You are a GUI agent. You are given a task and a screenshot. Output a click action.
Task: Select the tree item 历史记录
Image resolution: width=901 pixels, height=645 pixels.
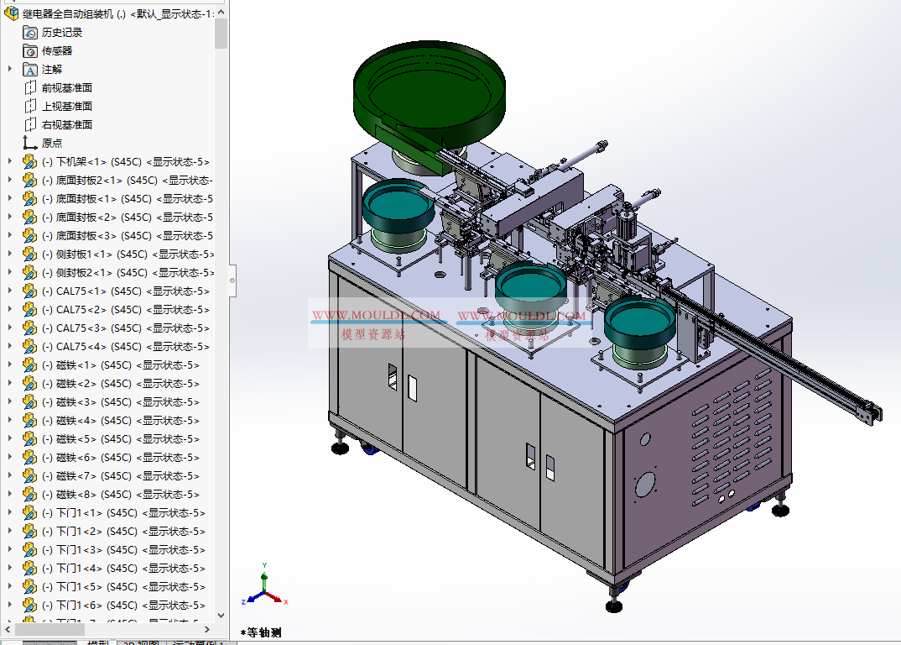click(62, 32)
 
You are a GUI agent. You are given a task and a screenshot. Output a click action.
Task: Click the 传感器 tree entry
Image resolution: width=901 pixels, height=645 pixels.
click(57, 50)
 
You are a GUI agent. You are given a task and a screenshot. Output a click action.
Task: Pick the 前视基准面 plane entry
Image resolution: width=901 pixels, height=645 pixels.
click(66, 87)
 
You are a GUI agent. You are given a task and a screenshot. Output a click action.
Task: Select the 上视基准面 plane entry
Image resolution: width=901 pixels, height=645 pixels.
click(66, 106)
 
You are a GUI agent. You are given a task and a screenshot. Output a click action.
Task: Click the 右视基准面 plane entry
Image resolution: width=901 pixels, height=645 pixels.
click(66, 124)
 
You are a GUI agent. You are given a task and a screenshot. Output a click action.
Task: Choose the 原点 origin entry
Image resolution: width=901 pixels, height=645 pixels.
click(52, 143)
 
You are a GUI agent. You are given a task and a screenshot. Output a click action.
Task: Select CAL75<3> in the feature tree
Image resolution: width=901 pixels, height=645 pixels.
click(81, 328)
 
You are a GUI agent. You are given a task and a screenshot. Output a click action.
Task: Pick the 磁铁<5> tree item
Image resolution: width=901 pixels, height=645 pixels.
click(76, 438)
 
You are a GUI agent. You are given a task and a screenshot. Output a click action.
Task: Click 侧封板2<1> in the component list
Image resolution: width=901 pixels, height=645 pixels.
click(83, 272)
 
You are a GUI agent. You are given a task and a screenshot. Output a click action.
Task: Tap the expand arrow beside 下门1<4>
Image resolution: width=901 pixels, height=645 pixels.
click(9, 568)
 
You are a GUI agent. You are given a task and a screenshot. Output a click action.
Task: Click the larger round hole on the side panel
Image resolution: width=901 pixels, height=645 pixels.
click(644, 485)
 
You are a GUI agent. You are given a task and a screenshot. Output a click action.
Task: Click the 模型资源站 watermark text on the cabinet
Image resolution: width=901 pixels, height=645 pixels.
click(373, 334)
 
